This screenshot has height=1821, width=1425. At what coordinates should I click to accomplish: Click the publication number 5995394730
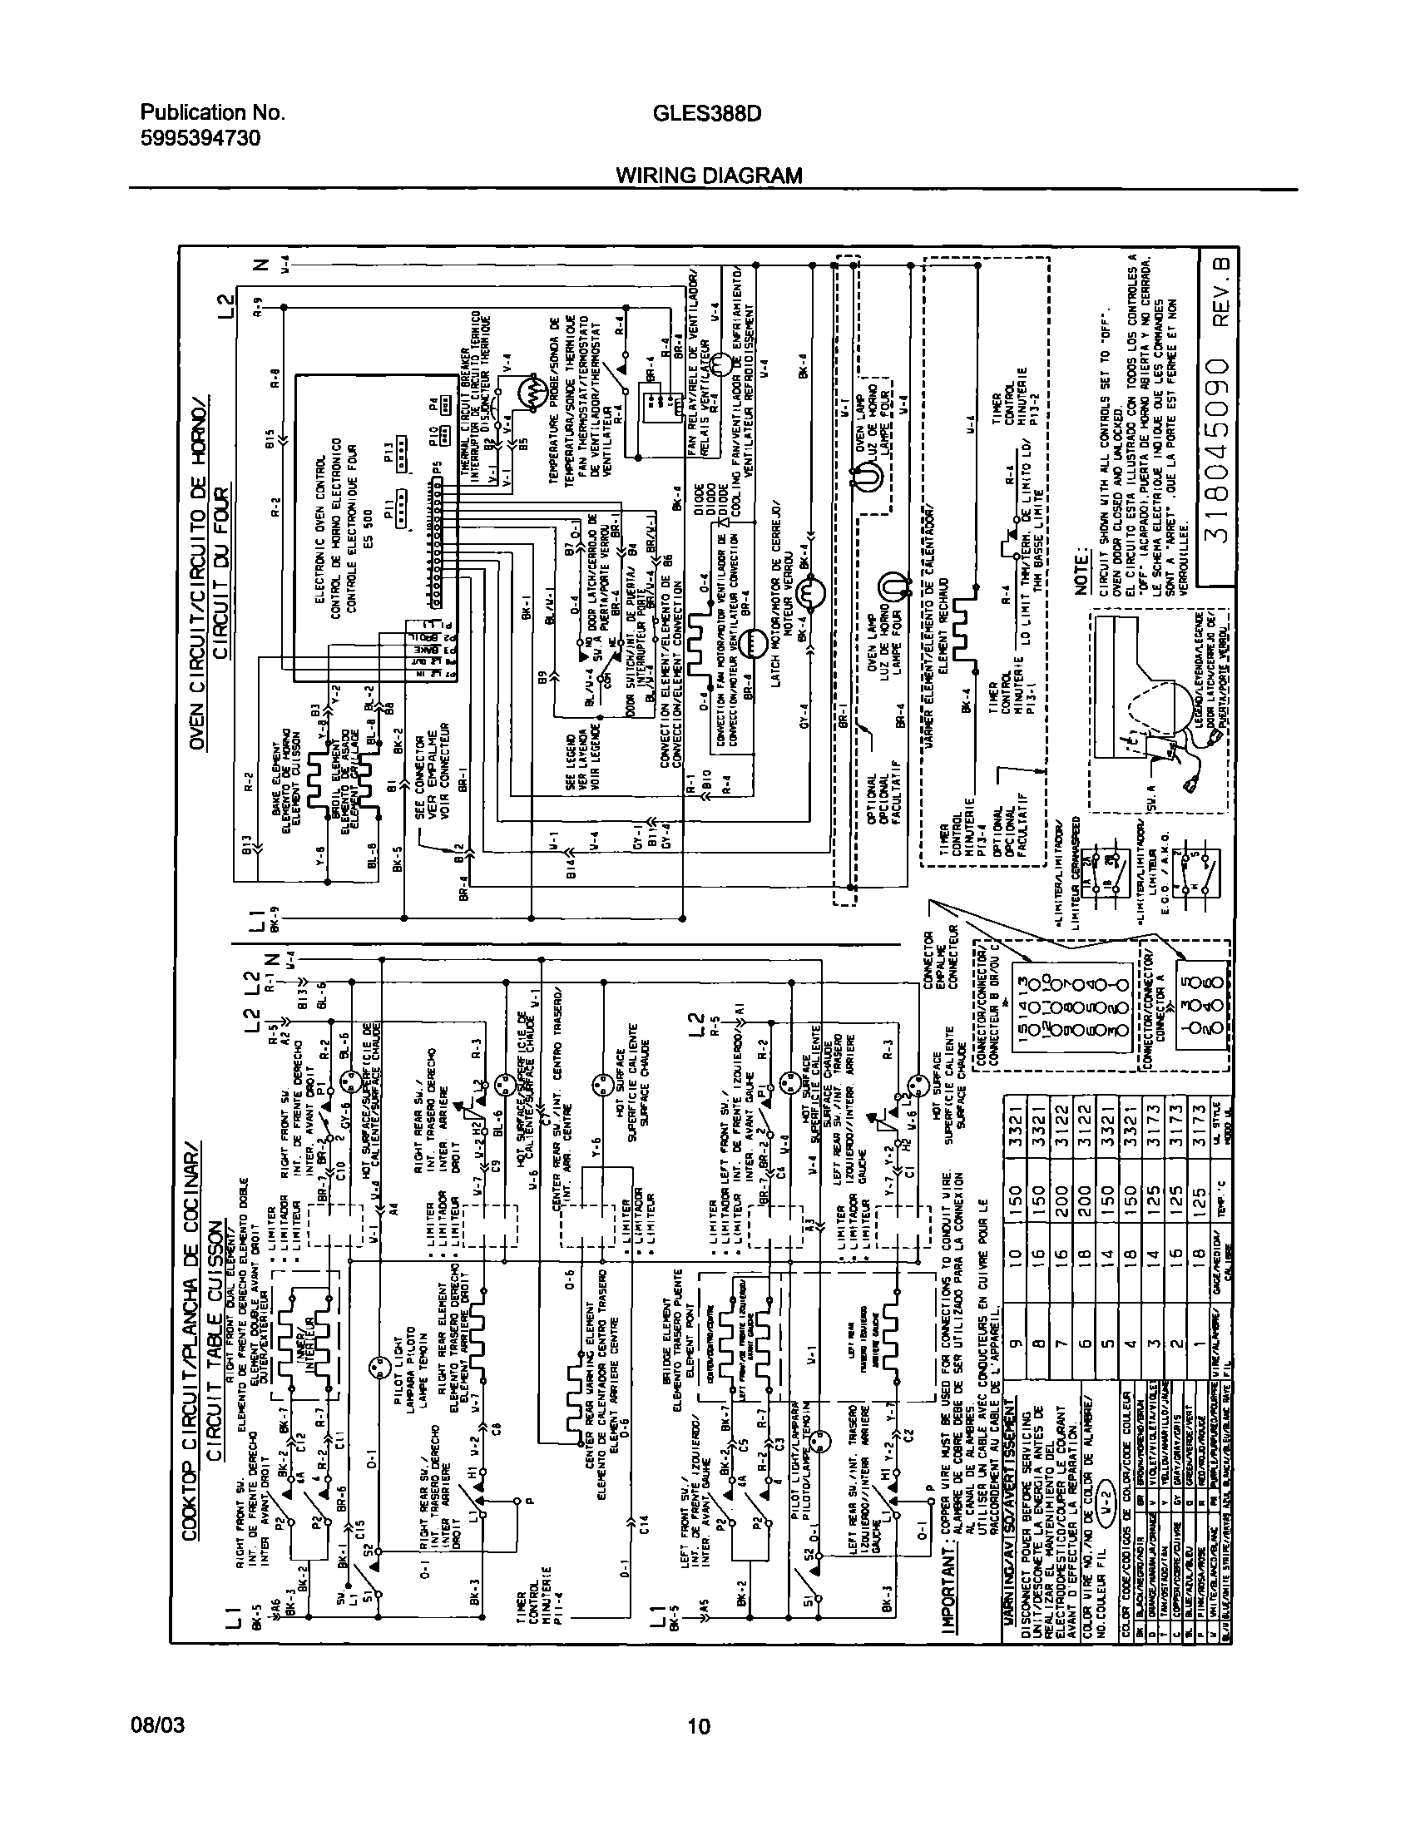tap(200, 136)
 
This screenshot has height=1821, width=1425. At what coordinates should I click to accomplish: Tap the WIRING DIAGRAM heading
tap(708, 176)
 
